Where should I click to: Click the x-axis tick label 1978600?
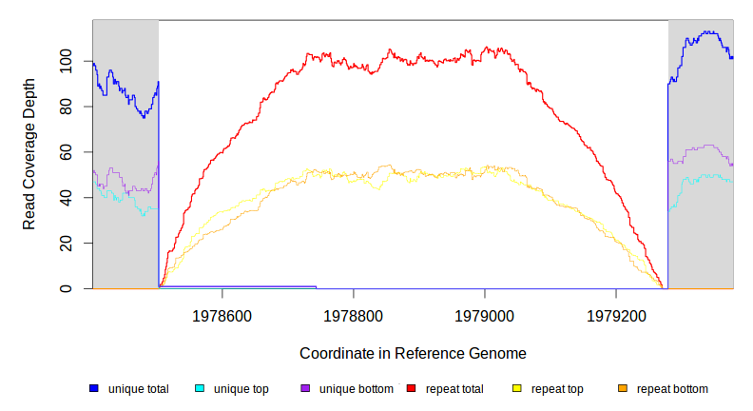222,313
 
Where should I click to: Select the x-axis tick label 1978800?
354,313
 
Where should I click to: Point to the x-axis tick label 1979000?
485,313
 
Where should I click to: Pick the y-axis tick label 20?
65,243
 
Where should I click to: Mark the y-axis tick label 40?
65,197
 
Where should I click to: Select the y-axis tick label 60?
65,152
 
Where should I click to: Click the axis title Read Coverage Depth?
29,154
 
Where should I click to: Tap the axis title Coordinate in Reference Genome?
413,353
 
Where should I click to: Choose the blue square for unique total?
94,388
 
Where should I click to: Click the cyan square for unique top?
200,388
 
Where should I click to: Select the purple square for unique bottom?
305,388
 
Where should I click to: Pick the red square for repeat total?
412,388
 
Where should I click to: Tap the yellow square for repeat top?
517,388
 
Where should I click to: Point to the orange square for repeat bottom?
623,388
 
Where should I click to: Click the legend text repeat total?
455,389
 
